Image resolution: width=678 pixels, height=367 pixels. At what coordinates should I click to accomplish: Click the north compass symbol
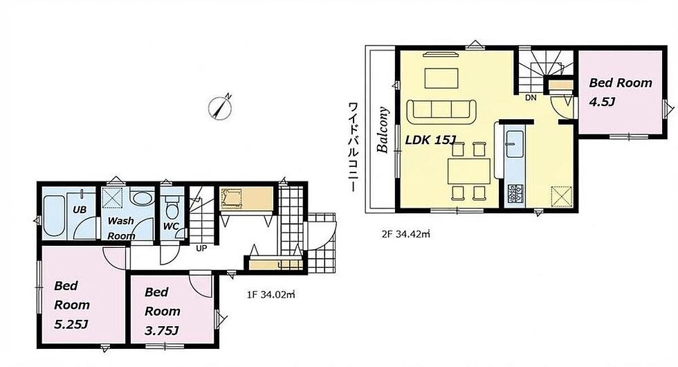coord(220,107)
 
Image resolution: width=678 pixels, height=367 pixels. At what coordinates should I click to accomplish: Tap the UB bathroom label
coord(80,210)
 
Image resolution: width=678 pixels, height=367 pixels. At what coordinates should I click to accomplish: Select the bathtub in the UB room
coord(54,216)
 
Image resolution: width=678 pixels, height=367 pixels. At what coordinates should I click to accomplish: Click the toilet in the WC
coord(172,208)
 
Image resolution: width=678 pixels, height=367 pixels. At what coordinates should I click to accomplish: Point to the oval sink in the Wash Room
coord(142,199)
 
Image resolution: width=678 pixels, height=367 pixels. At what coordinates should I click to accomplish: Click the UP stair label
coord(201,249)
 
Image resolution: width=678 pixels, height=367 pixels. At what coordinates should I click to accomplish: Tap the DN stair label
coord(531,98)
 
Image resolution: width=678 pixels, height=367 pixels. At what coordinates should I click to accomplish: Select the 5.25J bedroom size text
coord(71,324)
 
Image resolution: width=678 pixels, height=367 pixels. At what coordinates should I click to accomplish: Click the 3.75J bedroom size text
coord(162,331)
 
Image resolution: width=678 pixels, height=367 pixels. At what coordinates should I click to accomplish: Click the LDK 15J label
coord(430,140)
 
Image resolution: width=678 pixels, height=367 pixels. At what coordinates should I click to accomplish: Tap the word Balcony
coord(383,130)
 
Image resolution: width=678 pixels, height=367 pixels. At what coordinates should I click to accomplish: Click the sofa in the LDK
coord(441,111)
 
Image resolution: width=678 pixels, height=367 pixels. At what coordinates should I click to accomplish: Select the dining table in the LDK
coord(469,171)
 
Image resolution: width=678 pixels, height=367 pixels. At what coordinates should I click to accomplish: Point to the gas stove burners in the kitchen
coord(515,193)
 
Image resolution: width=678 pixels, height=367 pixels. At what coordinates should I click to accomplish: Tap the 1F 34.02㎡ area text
coord(271,295)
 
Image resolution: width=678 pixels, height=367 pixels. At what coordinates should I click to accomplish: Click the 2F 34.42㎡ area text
coord(406,234)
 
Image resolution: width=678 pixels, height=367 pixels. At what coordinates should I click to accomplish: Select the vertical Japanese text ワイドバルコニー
coord(354,147)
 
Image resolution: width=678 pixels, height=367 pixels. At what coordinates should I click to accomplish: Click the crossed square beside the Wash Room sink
coord(112,198)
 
